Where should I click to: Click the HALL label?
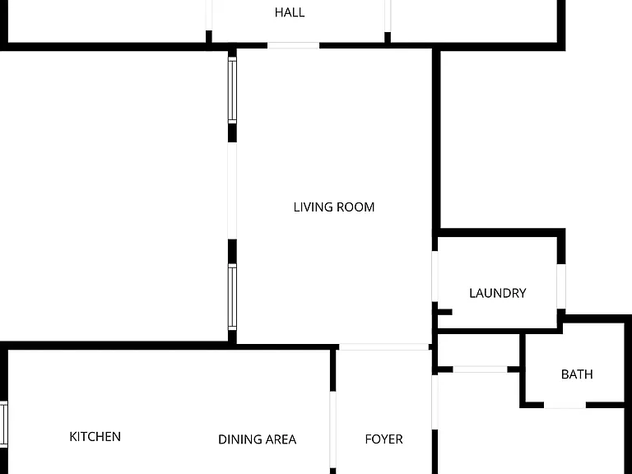point(290,12)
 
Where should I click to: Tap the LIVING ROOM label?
point(334,207)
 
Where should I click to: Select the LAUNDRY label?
point(497,293)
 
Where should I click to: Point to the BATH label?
point(577,374)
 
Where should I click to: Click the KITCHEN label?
point(95,436)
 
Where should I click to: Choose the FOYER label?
point(383,439)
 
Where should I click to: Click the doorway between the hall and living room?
point(294,45)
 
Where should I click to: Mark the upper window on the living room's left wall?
point(232,91)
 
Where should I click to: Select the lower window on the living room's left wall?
point(232,296)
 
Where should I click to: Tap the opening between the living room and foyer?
point(383,347)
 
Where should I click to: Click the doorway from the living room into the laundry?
point(434,276)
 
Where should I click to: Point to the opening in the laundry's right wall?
point(561,286)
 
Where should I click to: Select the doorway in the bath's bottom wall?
point(565,405)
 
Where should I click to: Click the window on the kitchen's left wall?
point(3,423)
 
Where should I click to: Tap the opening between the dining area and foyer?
point(333,430)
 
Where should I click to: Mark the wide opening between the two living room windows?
point(232,191)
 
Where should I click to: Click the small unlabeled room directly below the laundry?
point(478,350)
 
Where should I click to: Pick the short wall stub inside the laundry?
point(445,312)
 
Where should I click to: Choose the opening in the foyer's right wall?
point(434,402)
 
